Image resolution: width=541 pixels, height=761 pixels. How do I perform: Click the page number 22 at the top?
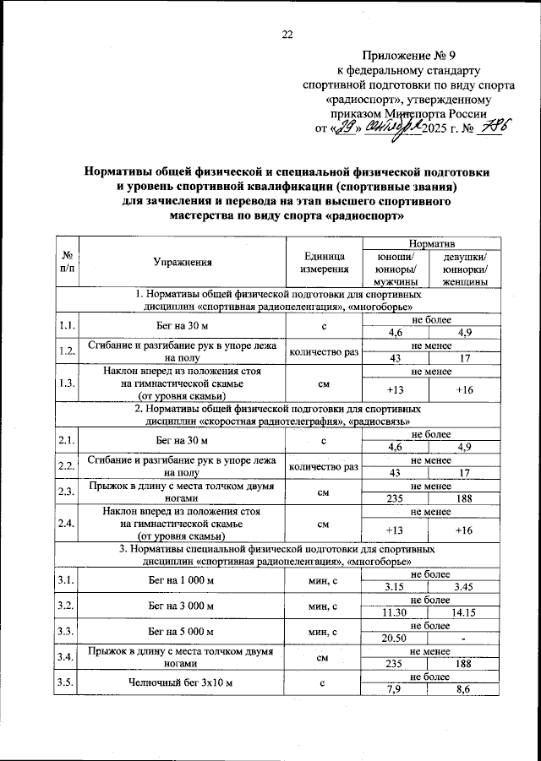(287, 35)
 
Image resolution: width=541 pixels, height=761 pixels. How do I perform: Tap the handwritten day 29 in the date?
(346, 128)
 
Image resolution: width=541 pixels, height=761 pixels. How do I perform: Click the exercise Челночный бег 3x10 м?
(183, 682)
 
